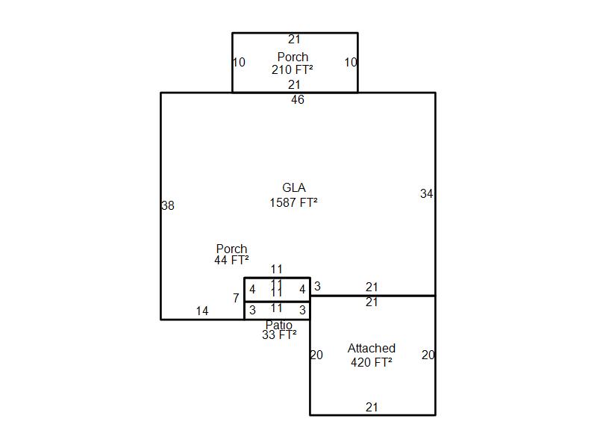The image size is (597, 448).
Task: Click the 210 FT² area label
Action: coord(292,69)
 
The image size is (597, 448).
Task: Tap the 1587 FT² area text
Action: coord(293,202)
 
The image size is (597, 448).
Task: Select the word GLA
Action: coord(293,188)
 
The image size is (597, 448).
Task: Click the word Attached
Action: coord(371,349)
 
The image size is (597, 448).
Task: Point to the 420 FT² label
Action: coord(371,363)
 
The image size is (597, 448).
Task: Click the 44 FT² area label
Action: coord(231,261)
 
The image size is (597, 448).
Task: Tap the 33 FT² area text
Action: coord(279,336)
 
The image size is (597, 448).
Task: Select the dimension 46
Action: coord(298,100)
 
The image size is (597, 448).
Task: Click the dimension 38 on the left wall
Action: coord(168,206)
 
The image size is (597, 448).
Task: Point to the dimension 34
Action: coord(426,194)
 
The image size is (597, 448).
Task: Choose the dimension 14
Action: coord(202,311)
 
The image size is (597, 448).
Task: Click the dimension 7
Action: coord(236,299)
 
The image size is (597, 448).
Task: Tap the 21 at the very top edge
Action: coord(294,40)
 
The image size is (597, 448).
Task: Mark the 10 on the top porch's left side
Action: coord(239,63)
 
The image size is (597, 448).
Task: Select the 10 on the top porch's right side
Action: coord(351,63)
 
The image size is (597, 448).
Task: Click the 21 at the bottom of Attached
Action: coord(372,408)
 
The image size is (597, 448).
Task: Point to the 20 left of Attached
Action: coord(316,355)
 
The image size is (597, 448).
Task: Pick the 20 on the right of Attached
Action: coord(428,355)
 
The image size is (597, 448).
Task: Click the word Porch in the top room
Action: coord(293,57)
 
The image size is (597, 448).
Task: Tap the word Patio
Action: coord(279,326)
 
